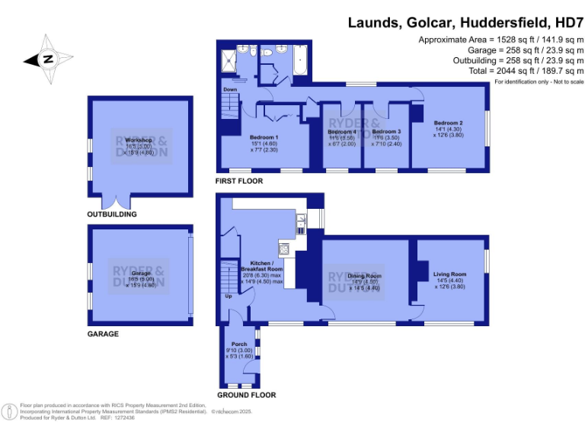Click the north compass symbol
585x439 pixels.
pyautogui.click(x=47, y=59)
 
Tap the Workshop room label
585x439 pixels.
pyautogui.click(x=140, y=141)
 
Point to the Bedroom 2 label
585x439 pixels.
pyautogui.click(x=449, y=123)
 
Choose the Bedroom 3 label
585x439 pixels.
pyautogui.click(x=386, y=132)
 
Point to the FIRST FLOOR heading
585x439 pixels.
pyautogui.click(x=238, y=181)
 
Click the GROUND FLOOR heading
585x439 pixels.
pyautogui.click(x=246, y=395)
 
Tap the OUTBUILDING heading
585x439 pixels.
pyautogui.click(x=112, y=214)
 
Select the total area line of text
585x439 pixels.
pyautogui.click(x=499, y=72)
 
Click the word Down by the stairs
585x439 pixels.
pyautogui.click(x=230, y=89)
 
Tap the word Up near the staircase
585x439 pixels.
pyautogui.click(x=228, y=296)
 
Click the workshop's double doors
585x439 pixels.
pyautogui.click(x=117, y=203)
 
